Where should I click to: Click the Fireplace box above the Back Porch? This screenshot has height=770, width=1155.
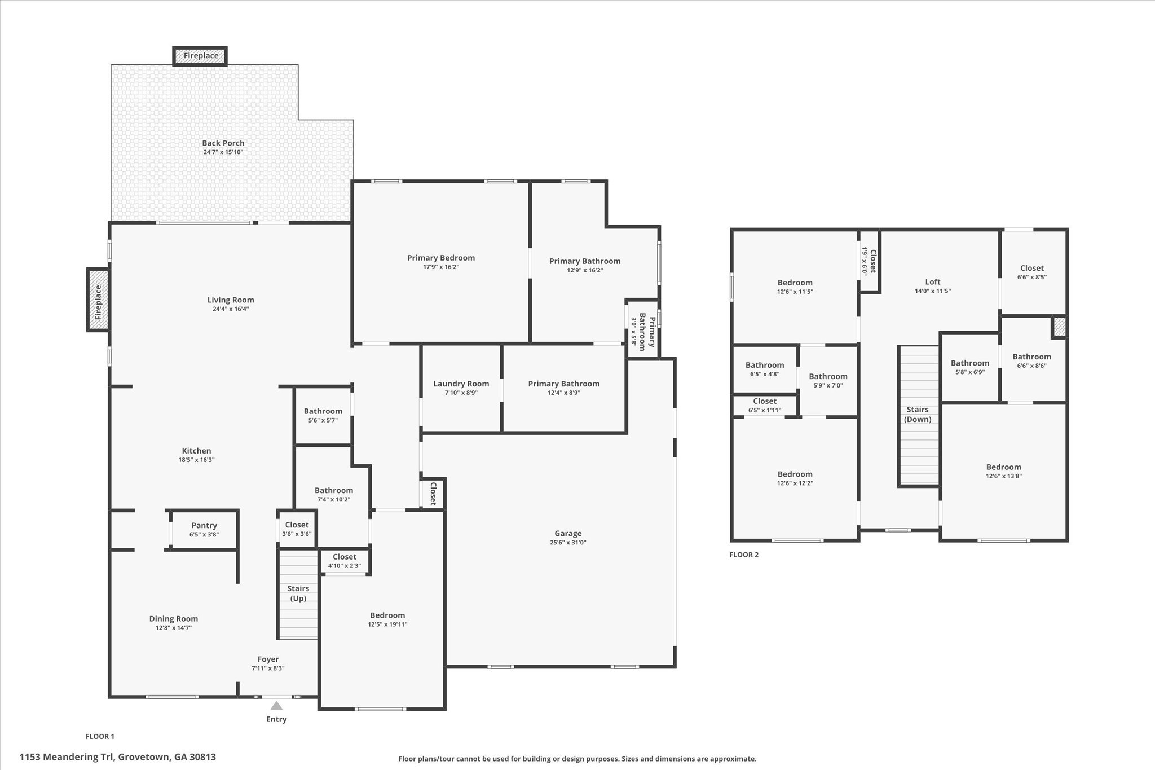pos(200,56)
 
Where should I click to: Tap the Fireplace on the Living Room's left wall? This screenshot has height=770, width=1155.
pos(98,300)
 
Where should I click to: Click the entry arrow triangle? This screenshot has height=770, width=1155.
pos(276,705)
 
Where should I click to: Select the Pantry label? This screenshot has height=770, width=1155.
pos(204,525)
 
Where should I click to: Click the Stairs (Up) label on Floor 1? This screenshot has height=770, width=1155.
pos(298,593)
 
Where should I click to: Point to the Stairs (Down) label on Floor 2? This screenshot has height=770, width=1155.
pos(918,414)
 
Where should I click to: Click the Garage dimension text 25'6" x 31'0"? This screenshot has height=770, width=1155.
pos(568,543)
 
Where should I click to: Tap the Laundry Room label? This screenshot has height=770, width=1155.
pos(461,384)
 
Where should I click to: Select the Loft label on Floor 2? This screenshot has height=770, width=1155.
pos(933,282)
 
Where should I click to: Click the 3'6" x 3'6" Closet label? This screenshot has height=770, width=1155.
pos(297,525)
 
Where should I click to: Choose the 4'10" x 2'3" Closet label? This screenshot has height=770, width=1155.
pos(344,557)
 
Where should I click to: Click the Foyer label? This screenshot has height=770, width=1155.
pos(268,659)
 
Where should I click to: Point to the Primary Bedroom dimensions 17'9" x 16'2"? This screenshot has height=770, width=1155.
pos(441,267)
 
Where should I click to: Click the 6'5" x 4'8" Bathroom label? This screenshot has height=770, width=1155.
pos(765,365)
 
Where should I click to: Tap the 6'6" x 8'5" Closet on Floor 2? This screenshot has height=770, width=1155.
pos(1032,268)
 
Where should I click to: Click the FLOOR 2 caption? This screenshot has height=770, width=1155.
pos(744,555)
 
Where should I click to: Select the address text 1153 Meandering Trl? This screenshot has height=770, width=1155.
pos(118,757)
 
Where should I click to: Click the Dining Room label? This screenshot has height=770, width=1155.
pos(174,618)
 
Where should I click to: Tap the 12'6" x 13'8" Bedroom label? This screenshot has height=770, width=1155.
pos(1003,467)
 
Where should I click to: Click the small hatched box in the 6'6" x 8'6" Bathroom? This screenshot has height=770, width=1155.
pos(1060,327)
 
